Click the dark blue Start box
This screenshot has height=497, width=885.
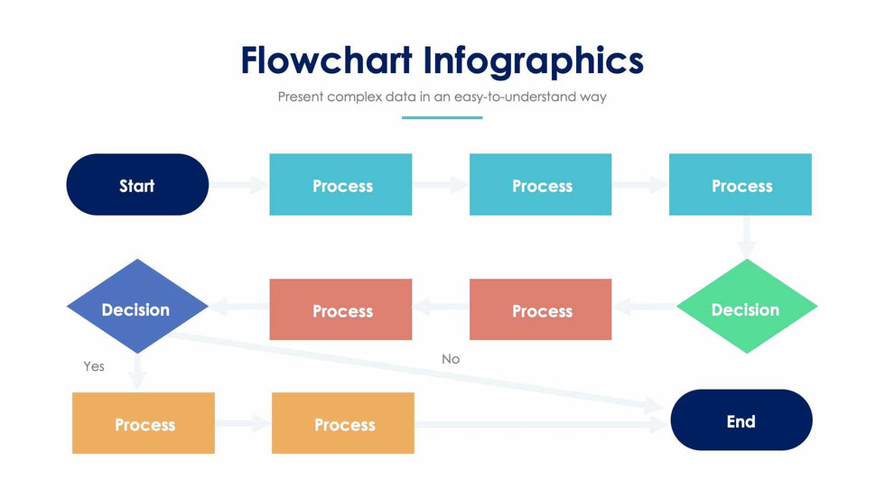click(x=137, y=185)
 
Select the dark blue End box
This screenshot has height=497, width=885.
click(x=741, y=420)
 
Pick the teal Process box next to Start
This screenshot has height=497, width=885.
click(x=340, y=185)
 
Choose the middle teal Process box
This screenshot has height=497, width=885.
click(x=540, y=185)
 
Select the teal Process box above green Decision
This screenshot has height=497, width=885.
click(x=740, y=185)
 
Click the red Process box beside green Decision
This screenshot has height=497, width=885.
click(x=540, y=309)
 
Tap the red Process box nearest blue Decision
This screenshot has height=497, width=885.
click(x=340, y=309)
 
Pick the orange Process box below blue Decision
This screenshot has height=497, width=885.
click(x=144, y=423)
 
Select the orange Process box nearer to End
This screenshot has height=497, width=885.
click(x=343, y=423)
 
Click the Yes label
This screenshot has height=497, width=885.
click(x=94, y=366)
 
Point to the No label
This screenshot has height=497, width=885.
click(x=451, y=359)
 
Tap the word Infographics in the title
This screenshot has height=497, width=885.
click(x=534, y=60)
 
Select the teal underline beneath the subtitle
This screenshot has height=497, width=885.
click(x=442, y=117)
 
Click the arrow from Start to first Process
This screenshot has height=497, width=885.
click(x=239, y=185)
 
